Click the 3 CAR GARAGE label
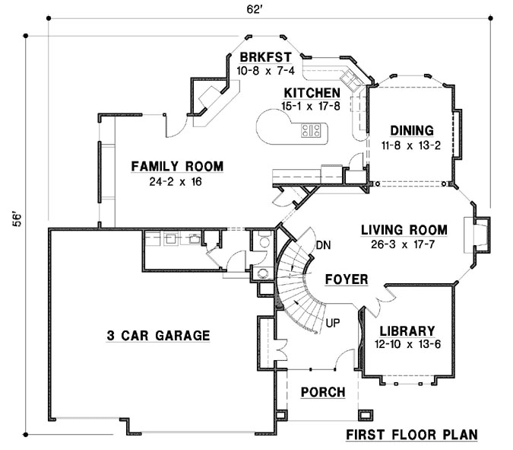tap(159, 335)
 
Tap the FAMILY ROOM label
tap(176, 166)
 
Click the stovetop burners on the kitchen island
tap(312, 129)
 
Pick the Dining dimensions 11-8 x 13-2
tap(411, 145)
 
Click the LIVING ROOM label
tap(404, 229)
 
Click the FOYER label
tap(346, 279)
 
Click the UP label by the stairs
tap(332, 324)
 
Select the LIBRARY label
tap(407, 331)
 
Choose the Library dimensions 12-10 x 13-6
tap(407, 346)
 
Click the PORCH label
tap(323, 392)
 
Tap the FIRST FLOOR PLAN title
tap(411, 435)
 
